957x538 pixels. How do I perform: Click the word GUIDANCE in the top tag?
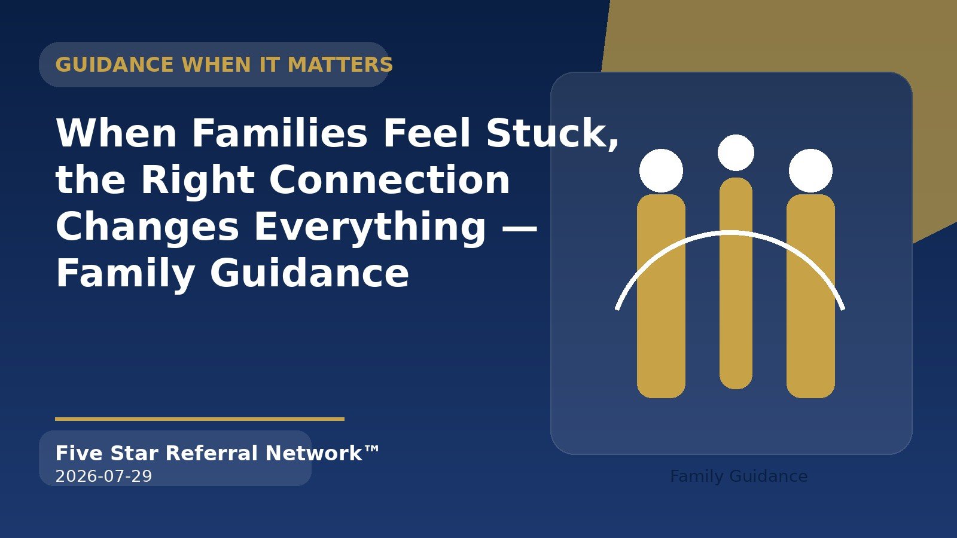pyautogui.click(x=114, y=65)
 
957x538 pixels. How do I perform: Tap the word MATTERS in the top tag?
pyautogui.click(x=340, y=65)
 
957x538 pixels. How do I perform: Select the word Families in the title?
pyautogui.click(x=279, y=133)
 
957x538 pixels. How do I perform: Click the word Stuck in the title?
pyautogui.click(x=549, y=133)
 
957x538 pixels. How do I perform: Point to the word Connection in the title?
pyautogui.click(x=389, y=180)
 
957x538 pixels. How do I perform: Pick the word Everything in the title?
pyautogui.click(x=370, y=228)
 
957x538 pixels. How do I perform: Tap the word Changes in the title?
pyautogui.click(x=147, y=228)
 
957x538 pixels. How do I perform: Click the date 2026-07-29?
pyautogui.click(x=104, y=476)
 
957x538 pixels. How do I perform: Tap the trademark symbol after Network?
pyautogui.click(x=371, y=449)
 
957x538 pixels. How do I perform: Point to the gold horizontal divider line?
pyautogui.click(x=200, y=419)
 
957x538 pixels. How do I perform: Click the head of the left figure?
pyautogui.click(x=661, y=170)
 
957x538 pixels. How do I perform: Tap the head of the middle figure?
pyautogui.click(x=736, y=152)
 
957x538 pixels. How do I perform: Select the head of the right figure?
pyautogui.click(x=810, y=170)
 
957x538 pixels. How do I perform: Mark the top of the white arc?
pyautogui.click(x=730, y=233)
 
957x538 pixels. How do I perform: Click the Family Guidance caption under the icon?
pyautogui.click(x=739, y=476)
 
